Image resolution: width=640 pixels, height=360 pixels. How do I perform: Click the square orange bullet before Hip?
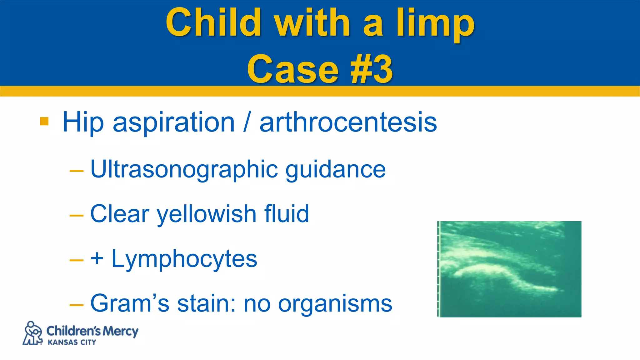pos(44,121)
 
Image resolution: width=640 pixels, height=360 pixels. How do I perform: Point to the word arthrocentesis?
pos(348,122)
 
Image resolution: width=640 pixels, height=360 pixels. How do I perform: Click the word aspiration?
pos(173,122)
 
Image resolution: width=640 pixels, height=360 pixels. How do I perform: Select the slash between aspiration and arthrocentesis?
pos(247,122)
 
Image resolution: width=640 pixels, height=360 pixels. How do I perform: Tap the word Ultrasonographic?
pos(184,169)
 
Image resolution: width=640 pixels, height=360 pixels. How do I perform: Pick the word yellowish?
pos(207,214)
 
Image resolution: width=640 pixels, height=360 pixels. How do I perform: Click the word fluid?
pos(287,214)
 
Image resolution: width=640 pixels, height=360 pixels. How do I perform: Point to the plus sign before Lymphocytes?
pos(97,259)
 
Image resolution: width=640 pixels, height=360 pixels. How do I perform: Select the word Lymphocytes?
pos(184,259)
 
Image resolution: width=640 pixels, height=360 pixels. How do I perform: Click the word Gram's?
pos(129,303)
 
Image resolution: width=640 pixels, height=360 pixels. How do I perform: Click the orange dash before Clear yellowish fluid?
pos(77,216)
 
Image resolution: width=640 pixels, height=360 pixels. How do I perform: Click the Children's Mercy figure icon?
pos(32,333)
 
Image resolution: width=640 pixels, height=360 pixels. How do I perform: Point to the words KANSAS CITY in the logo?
pos(72,342)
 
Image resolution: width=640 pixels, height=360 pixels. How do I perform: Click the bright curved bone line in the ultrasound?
pos(487,269)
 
